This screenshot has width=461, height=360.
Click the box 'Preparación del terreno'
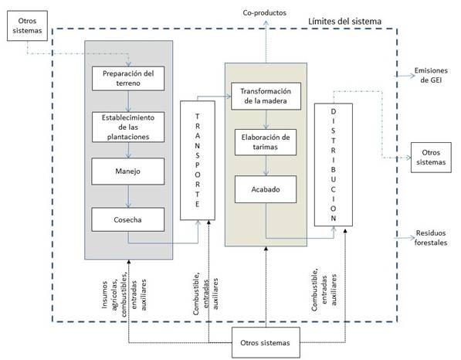pyautogui.click(x=128, y=78)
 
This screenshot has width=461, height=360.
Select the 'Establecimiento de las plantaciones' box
pyautogui.click(x=128, y=127)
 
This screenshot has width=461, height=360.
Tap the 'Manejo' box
pyautogui.click(x=128, y=172)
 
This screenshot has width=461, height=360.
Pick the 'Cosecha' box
pyautogui.click(x=128, y=219)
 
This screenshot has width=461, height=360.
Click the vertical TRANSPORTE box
pyautogui.click(x=198, y=160)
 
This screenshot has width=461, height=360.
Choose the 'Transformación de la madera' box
pyautogui.click(x=266, y=96)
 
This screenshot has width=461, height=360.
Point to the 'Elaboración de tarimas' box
pyautogui.click(x=266, y=142)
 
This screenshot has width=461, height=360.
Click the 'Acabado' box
pyautogui.click(x=266, y=189)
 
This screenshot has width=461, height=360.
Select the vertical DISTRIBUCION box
pyautogui.click(x=334, y=165)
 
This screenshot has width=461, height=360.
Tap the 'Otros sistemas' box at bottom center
pyautogui.click(x=266, y=343)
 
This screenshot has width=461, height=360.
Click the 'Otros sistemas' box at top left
pyautogui.click(x=27, y=25)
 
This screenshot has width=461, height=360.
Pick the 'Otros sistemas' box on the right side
pyautogui.click(x=431, y=158)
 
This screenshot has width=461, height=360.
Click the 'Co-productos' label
pyautogui.click(x=265, y=13)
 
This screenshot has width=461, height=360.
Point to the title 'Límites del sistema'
pyautogui.click(x=344, y=21)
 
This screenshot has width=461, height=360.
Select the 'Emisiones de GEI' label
pyautogui.click(x=431, y=75)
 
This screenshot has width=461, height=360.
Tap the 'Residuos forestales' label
pyautogui.click(x=431, y=238)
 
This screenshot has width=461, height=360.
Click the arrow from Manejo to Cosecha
pyautogui.click(x=128, y=196)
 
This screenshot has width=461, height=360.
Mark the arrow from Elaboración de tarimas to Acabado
pyautogui.click(x=266, y=165)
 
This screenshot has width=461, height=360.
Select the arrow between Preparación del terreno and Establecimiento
pyautogui.click(x=128, y=101)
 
